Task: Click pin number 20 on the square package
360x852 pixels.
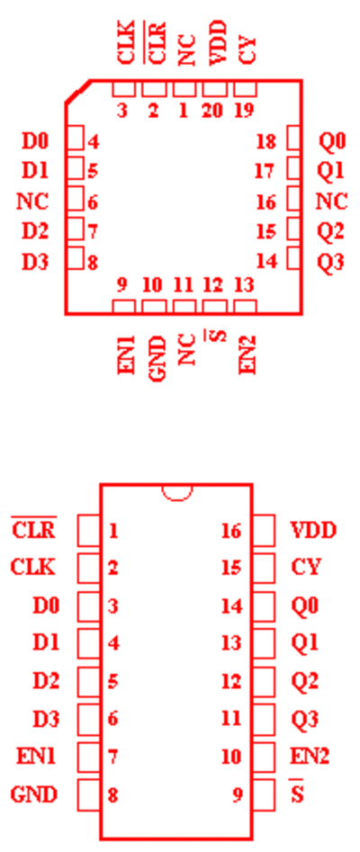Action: pos(212,111)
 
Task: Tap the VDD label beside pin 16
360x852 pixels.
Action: pos(314,530)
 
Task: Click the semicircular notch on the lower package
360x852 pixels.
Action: pos(176,492)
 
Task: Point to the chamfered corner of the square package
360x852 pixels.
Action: pos(77,91)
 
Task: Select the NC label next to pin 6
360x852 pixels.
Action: pos(32,202)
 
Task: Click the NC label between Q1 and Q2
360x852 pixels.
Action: pos(331,202)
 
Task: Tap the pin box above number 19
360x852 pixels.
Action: pos(245,88)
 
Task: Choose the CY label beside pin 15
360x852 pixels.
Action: pos(306,568)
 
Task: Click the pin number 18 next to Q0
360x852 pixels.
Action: pos(266,142)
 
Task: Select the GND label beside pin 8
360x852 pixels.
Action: pos(33,795)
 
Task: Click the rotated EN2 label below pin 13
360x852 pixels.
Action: pos(247,354)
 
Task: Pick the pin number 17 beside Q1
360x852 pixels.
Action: pos(265,172)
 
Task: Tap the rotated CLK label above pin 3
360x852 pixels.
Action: pos(126,43)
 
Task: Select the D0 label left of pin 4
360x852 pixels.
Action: pos(35,142)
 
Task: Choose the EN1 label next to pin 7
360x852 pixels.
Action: pos(37,757)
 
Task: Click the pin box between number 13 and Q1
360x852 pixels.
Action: pos(264,643)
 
